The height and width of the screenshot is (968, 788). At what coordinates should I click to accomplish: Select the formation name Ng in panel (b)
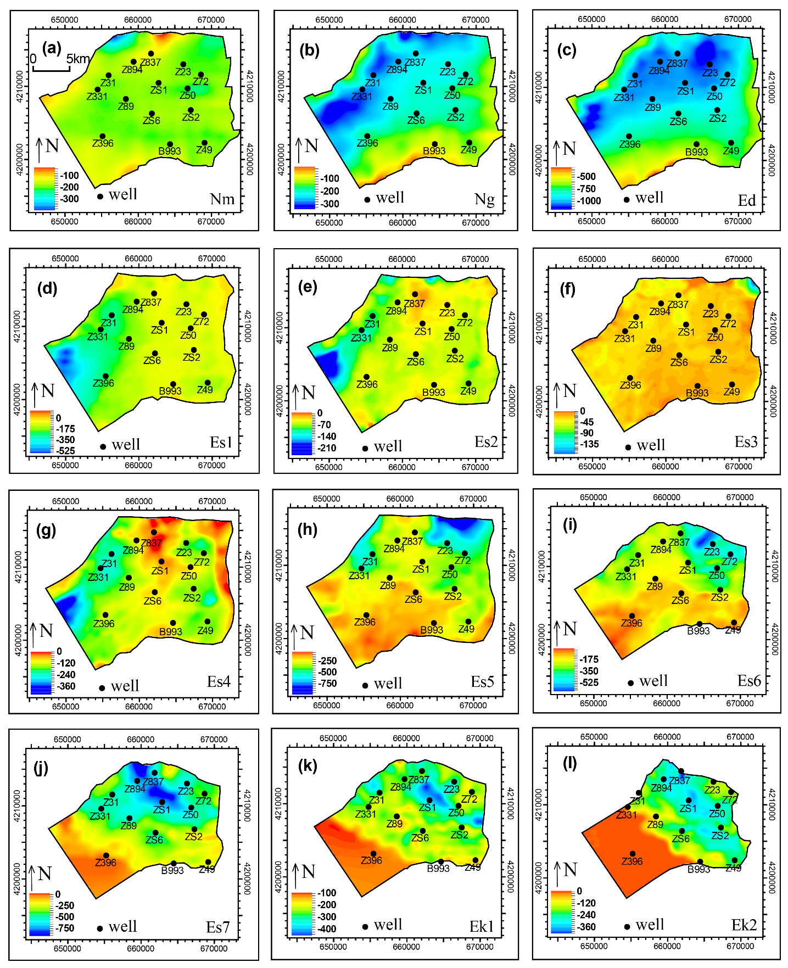[x=484, y=199]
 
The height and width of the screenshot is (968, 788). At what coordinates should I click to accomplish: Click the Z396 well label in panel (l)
[x=632, y=861]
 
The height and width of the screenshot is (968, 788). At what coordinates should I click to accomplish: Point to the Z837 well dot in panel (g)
[x=154, y=532]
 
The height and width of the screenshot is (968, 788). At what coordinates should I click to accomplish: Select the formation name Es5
[x=482, y=682]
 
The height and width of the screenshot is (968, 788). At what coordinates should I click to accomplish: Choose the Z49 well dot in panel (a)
[x=205, y=143]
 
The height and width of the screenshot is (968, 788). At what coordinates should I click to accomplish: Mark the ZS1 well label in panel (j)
[x=161, y=810]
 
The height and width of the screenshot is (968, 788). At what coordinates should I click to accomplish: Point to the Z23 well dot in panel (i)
[x=713, y=544]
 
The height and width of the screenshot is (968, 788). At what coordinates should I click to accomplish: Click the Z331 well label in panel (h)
[x=359, y=576]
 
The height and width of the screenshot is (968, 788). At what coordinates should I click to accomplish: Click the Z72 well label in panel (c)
[x=728, y=83]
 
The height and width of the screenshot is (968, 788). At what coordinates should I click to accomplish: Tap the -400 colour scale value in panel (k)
[x=327, y=929]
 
